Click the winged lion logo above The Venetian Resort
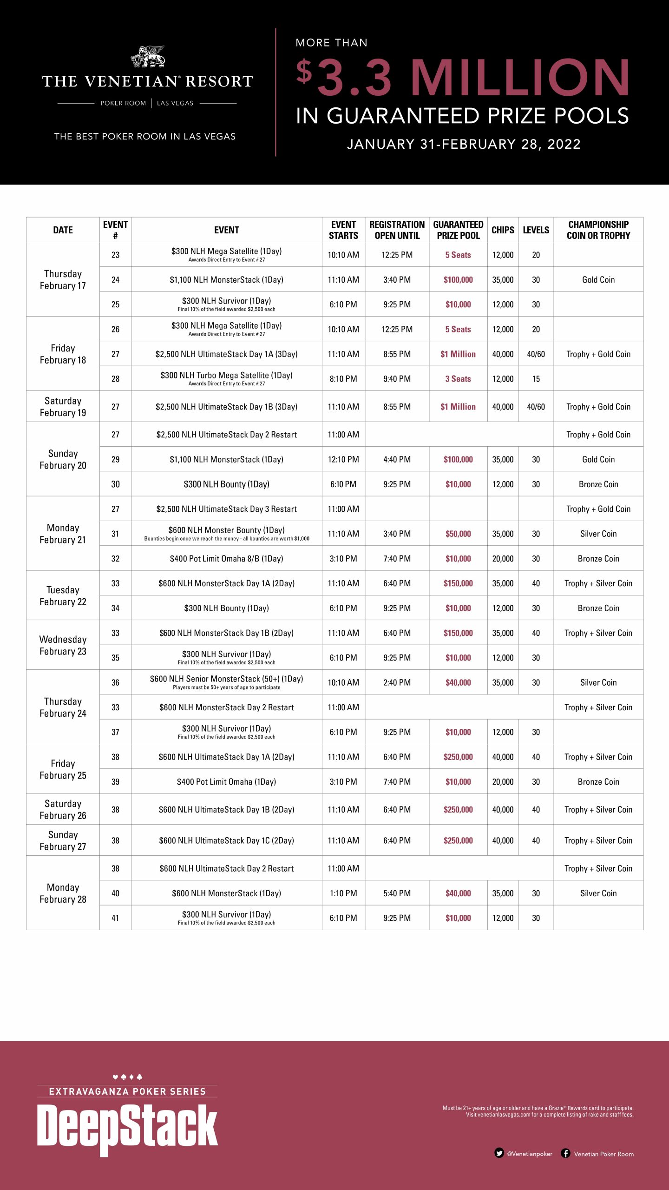tap(148, 57)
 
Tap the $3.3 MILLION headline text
tap(463, 78)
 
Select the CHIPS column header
tap(503, 230)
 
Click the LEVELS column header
tap(536, 230)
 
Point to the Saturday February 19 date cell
tap(63, 407)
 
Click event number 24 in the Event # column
tap(115, 280)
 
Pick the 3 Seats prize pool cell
tap(458, 379)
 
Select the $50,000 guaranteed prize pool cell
tap(458, 534)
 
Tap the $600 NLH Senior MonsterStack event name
tap(226, 679)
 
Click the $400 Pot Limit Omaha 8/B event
tap(226, 559)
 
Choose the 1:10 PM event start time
tap(343, 893)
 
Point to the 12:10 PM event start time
tap(343, 459)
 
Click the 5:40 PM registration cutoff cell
tap(397, 893)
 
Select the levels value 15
tap(536, 379)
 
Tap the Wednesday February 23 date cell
tap(63, 645)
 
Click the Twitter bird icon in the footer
tap(499, 1153)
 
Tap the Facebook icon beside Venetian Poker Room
tap(565, 1153)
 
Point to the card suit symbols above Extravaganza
tap(127, 1077)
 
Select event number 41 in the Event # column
tap(115, 918)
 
